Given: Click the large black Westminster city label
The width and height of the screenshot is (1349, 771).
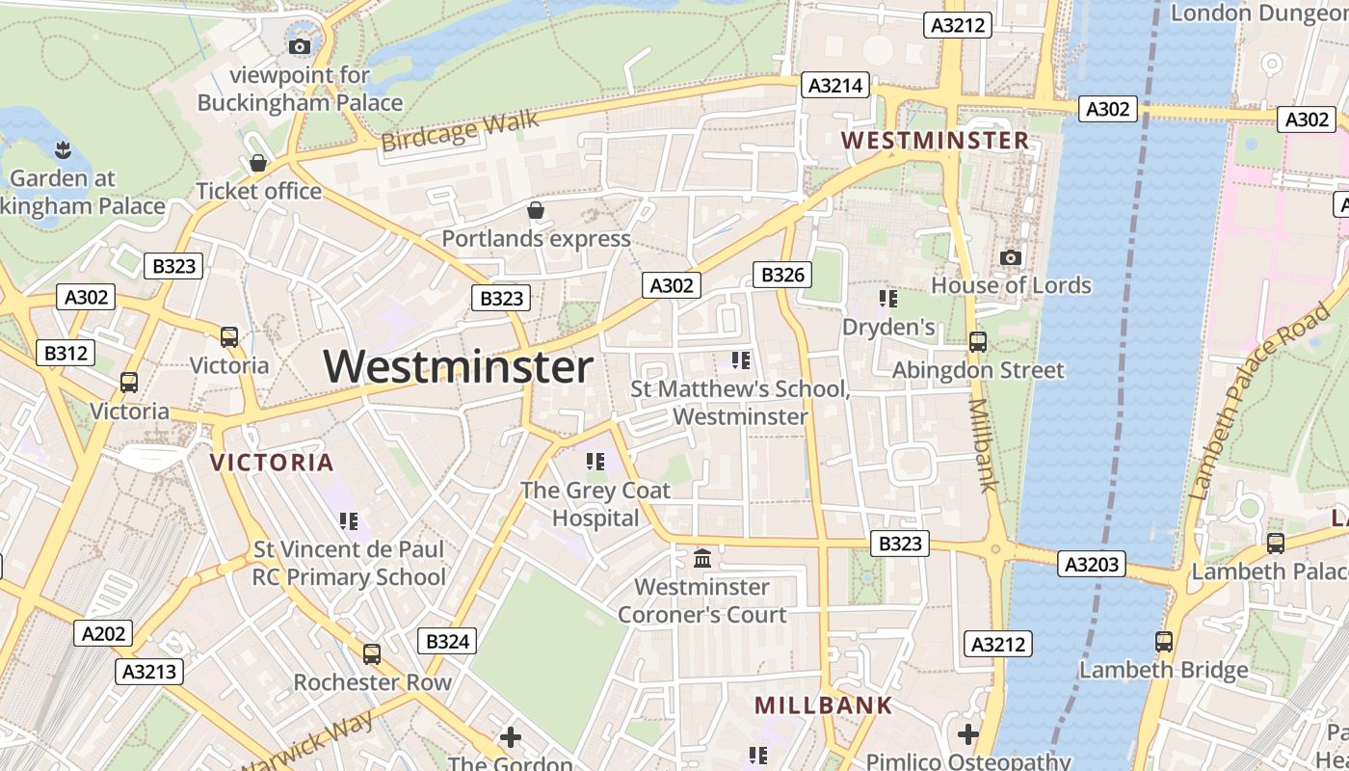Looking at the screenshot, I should pyautogui.click(x=458, y=367).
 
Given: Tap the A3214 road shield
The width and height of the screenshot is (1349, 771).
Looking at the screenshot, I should pyautogui.click(x=835, y=86).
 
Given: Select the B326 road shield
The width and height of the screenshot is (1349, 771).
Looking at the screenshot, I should pyautogui.click(x=782, y=276).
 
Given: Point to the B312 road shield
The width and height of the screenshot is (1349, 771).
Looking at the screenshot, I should pyautogui.click(x=66, y=354).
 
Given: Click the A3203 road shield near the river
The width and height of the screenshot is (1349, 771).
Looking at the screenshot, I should pyautogui.click(x=1092, y=564).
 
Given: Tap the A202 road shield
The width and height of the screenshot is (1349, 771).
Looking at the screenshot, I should pyautogui.click(x=103, y=633).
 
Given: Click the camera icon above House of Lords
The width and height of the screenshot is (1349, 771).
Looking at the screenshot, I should pyautogui.click(x=1010, y=257).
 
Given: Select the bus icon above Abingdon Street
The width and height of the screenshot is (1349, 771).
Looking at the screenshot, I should pyautogui.click(x=978, y=341).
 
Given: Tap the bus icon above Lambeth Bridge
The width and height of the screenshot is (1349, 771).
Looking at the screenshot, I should pyautogui.click(x=1164, y=641).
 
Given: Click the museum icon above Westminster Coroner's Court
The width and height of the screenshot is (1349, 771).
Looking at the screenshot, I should pyautogui.click(x=702, y=558).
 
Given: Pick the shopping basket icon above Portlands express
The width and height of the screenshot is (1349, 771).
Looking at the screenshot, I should pyautogui.click(x=536, y=210).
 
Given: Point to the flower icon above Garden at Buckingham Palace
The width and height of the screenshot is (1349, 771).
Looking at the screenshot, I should pyautogui.click(x=63, y=149).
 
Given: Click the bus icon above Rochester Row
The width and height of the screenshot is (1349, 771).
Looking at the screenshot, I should pyautogui.click(x=372, y=654).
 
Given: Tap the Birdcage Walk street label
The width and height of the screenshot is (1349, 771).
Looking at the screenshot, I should pyautogui.click(x=459, y=132).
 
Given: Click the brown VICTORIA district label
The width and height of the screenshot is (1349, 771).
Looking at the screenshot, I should pyautogui.click(x=272, y=463).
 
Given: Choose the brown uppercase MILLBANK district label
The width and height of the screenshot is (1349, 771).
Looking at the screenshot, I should pyautogui.click(x=823, y=705).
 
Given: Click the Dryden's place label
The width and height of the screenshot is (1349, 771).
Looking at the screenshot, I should pyautogui.click(x=888, y=328).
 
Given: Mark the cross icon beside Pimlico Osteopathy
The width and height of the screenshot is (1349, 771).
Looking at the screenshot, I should pyautogui.click(x=968, y=734).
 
